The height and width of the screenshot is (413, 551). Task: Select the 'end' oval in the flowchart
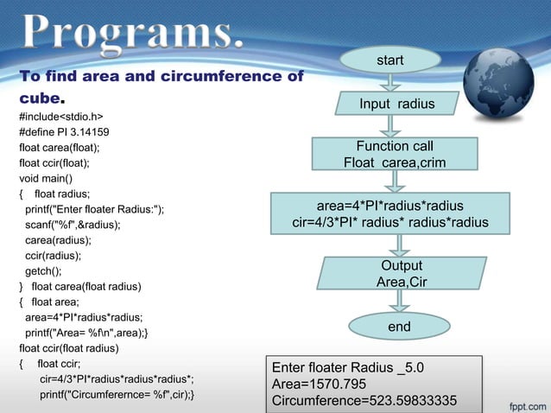[x=398, y=327]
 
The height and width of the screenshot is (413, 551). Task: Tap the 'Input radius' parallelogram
[x=397, y=105]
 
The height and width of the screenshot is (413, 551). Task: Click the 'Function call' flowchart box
[x=395, y=154]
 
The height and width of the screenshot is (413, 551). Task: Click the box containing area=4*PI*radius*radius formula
[x=390, y=214]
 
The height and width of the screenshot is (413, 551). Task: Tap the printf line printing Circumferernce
[x=117, y=395]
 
